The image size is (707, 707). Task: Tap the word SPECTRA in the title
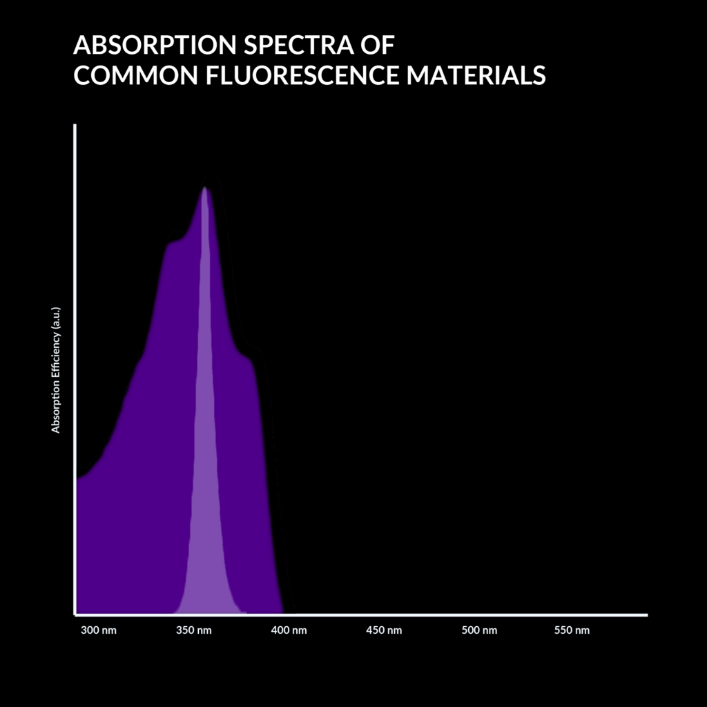click(x=294, y=46)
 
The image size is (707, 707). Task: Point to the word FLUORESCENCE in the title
click(x=302, y=75)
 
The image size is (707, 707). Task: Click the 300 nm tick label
click(x=99, y=631)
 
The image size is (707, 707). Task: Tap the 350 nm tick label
click(x=194, y=631)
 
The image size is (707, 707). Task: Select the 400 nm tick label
click(x=289, y=631)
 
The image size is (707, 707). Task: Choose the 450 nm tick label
click(x=384, y=631)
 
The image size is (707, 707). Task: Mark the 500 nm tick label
click(x=479, y=631)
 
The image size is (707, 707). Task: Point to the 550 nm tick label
click(x=572, y=631)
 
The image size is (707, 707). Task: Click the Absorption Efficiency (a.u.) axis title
click(x=56, y=370)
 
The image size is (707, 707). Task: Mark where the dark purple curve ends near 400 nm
click(x=282, y=612)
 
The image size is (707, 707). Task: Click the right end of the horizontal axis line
click(x=646, y=614)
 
